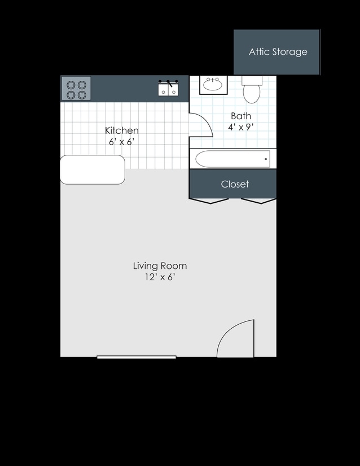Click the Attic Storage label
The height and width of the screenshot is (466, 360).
[x=278, y=52]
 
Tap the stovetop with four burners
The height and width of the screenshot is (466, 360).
[x=76, y=88]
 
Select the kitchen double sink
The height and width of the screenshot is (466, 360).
[x=168, y=88]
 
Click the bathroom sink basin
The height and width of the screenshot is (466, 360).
[x=213, y=85]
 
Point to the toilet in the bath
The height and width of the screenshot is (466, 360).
[x=252, y=89]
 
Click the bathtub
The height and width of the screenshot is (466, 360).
[x=232, y=159]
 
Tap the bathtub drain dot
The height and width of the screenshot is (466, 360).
[x=266, y=159]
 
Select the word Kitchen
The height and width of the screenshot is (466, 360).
[x=122, y=130]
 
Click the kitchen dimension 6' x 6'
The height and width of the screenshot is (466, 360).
[x=122, y=142]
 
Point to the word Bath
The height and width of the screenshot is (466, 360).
[x=241, y=116]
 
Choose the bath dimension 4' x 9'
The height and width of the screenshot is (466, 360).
[x=241, y=127]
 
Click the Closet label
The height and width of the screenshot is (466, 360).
[x=235, y=184]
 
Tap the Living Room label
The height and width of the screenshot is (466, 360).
[x=160, y=265]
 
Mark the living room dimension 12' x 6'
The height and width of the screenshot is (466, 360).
[x=160, y=277]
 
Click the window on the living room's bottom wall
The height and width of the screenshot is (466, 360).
[x=137, y=357]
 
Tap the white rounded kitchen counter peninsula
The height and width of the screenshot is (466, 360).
[x=93, y=169]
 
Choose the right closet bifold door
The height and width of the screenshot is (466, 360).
[x=259, y=201]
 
